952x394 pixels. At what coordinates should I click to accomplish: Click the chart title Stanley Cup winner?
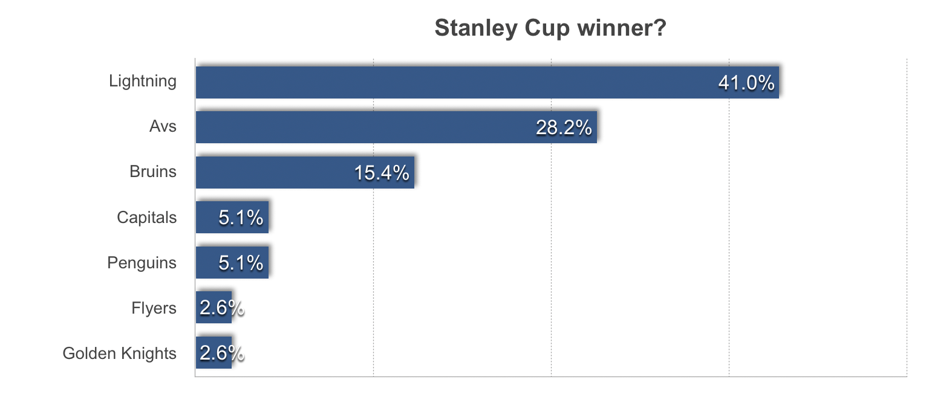tap(550, 28)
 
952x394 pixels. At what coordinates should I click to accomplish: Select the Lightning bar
tap(487, 82)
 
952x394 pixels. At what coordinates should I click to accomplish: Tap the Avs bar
tap(397, 128)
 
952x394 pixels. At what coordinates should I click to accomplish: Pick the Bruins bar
tap(305, 172)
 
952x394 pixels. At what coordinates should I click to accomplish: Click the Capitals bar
tap(232, 218)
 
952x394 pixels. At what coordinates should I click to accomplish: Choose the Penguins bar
tap(232, 262)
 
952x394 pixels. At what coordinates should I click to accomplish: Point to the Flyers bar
tap(214, 308)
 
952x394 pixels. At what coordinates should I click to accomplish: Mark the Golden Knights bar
tap(214, 352)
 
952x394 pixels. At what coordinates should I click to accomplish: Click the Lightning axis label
tap(142, 81)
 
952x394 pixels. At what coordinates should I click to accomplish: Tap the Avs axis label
tap(163, 126)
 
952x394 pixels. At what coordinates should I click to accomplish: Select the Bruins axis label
tap(153, 172)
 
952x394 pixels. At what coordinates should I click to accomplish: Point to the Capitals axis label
tap(146, 218)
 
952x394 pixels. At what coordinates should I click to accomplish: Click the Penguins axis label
tap(142, 263)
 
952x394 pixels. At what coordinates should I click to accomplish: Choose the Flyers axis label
tap(154, 308)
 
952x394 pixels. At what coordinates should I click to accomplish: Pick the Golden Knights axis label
tap(119, 354)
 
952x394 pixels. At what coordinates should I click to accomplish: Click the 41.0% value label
tap(746, 83)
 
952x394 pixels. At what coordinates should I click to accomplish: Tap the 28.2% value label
tap(564, 128)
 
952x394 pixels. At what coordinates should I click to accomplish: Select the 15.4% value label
tap(382, 173)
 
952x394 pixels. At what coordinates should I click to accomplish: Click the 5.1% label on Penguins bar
tap(241, 263)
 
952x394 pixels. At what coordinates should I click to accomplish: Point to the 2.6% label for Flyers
tap(222, 308)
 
